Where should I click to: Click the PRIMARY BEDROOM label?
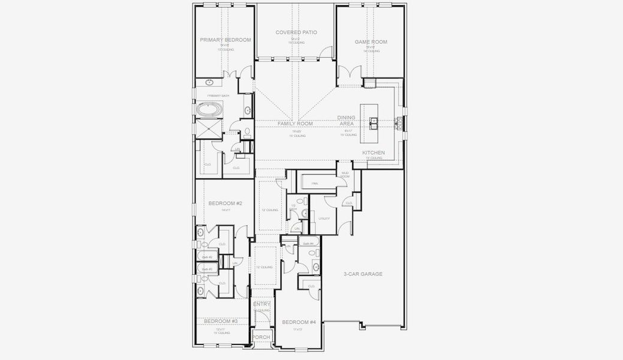coord(225,40)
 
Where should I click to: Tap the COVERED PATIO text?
coord(296,32)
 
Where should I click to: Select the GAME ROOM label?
coord(371,42)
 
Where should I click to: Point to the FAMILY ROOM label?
coord(294,124)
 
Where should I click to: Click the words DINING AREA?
coord(346,121)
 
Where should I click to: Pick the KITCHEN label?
coord(373,153)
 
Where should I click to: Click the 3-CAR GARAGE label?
coord(363,274)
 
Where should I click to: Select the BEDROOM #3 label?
coord(221,322)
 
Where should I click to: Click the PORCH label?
coord(261,337)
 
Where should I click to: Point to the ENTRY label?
coord(261,305)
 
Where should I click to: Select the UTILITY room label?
coord(325,219)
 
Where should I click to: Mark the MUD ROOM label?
coord(345,175)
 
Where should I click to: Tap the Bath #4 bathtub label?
coord(308,244)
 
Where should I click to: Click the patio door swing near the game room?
coord(325,53)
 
